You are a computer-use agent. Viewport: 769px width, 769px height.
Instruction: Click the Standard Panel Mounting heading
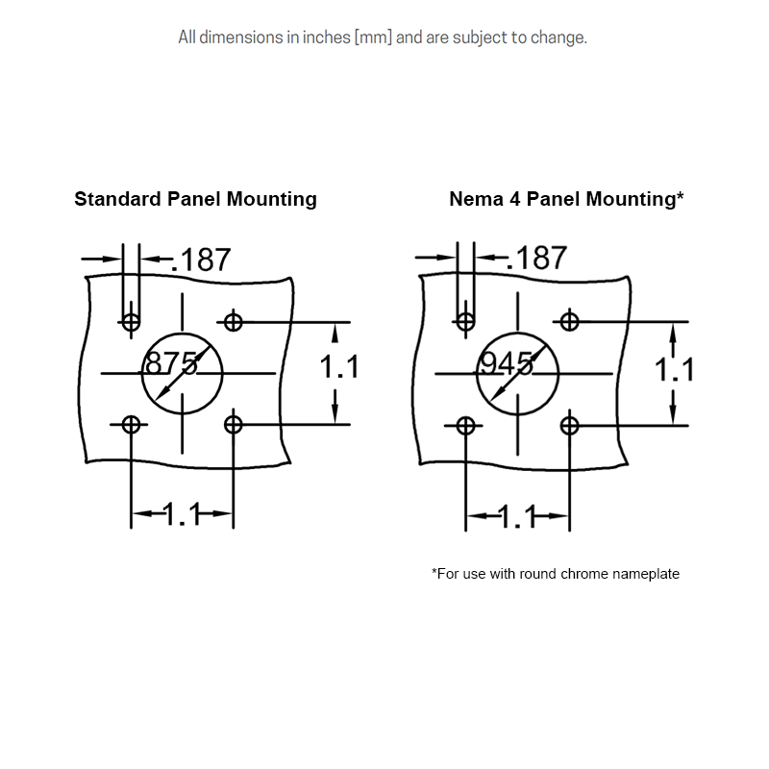(195, 200)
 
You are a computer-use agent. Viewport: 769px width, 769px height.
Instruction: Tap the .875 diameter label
(171, 363)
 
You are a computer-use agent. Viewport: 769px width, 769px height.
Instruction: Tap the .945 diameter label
(507, 364)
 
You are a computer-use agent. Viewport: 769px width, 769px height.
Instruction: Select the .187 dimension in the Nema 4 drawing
(536, 259)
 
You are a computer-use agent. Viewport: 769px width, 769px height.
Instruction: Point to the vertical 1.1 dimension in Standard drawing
(339, 367)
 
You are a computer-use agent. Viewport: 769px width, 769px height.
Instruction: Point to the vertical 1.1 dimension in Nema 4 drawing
(675, 368)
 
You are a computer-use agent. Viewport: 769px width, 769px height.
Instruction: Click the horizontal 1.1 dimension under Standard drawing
(182, 515)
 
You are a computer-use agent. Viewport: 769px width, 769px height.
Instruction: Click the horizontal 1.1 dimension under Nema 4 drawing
(517, 517)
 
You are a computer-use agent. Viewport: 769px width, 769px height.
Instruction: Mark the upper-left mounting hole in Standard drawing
(131, 321)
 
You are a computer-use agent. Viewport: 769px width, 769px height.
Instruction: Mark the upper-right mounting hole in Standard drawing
(233, 321)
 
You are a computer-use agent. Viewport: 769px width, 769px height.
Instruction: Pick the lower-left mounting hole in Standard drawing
(131, 425)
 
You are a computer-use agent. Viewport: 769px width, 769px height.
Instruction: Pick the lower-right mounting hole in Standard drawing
(233, 424)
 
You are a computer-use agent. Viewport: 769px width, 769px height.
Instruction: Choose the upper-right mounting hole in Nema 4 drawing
(569, 320)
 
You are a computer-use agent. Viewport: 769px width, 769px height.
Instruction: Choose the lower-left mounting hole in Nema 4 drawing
(466, 425)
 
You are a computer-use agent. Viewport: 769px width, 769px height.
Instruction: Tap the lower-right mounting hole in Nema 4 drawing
(569, 424)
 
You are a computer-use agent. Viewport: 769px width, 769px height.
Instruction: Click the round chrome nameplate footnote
(556, 574)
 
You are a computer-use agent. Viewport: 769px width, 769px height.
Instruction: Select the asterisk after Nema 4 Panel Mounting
(681, 197)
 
